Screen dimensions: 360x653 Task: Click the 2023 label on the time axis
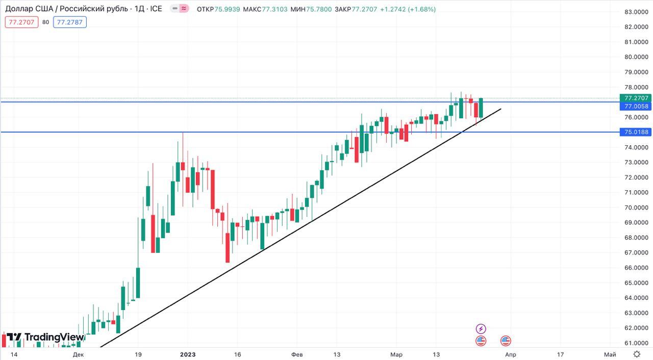188,354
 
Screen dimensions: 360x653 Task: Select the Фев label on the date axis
297,354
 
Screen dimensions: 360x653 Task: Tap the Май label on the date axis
609,354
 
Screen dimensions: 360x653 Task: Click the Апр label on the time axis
510,354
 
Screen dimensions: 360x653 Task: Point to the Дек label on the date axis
78,354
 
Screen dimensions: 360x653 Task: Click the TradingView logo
45,337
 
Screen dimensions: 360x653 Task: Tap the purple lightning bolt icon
481,329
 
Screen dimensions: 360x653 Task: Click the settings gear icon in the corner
637,354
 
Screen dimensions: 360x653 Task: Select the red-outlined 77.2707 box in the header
21,22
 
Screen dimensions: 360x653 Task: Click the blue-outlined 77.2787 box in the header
71,22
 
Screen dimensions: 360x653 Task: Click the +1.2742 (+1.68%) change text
408,9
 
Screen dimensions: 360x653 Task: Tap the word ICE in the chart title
156,9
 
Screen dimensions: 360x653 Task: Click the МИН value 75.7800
319,9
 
